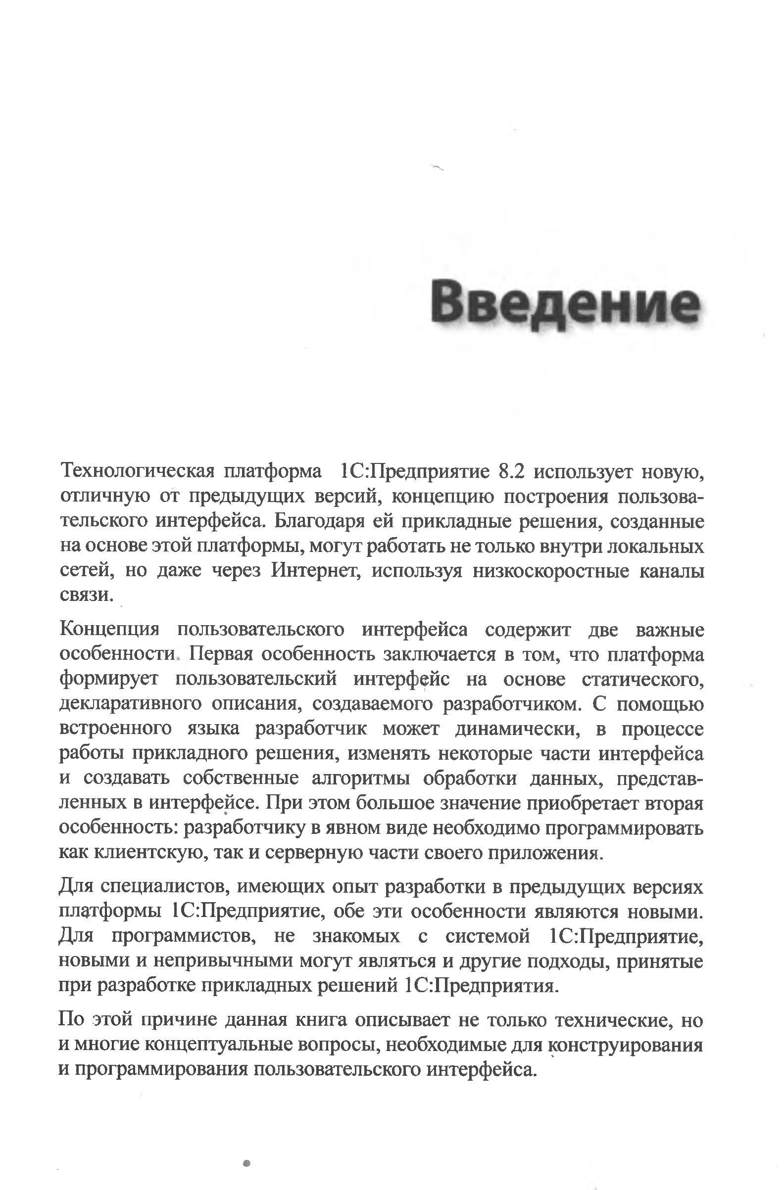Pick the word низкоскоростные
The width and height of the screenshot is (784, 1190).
[550, 570]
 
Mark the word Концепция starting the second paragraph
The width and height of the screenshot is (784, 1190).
[109, 630]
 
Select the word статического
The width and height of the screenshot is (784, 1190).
[643, 679]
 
